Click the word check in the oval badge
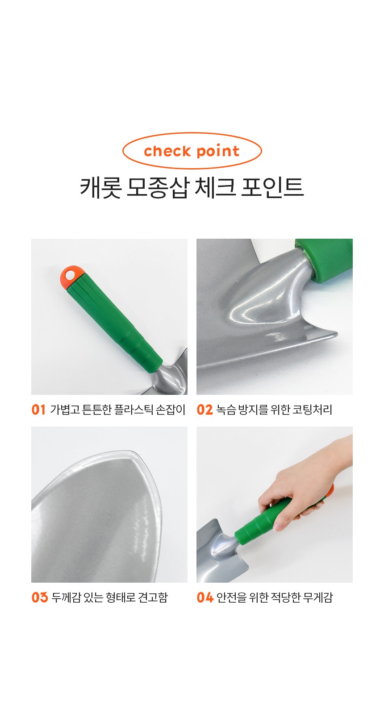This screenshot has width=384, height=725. pyautogui.click(x=167, y=151)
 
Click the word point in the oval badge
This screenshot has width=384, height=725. pyautogui.click(x=218, y=152)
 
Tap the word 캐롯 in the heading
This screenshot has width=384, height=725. pyautogui.click(x=101, y=188)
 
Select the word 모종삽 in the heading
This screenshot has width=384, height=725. pyautogui.click(x=157, y=188)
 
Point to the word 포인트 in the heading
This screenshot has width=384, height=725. pyautogui.click(x=272, y=188)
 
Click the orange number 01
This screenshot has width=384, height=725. pyautogui.click(x=38, y=410)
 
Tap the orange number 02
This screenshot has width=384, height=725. pyautogui.click(x=205, y=410)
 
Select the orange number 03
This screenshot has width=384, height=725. pyautogui.click(x=40, y=597)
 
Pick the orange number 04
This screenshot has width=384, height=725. pyautogui.click(x=205, y=597)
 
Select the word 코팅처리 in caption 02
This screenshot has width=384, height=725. pyautogui.click(x=313, y=410)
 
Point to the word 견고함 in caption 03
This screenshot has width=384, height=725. pyautogui.click(x=153, y=597)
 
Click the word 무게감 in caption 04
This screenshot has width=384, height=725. pyautogui.click(x=318, y=597)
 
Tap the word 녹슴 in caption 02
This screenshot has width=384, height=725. pyautogui.click(x=226, y=410)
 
